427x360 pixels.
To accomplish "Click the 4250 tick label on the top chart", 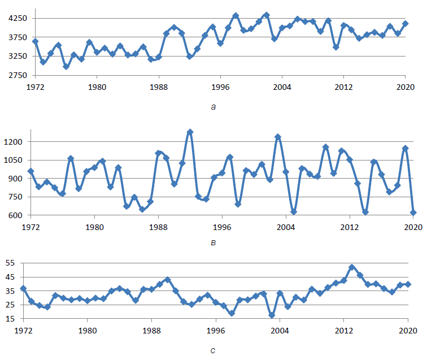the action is [18, 18].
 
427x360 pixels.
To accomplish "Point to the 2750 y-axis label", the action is [18, 75].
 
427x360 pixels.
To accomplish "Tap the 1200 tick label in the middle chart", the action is [13, 142].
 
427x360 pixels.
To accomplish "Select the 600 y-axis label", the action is [15, 215].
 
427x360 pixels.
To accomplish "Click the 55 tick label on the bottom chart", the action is [10, 263].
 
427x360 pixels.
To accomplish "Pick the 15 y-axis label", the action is [10, 319].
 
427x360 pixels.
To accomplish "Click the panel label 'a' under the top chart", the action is [213, 107].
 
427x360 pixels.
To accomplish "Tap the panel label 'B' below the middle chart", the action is [213, 242].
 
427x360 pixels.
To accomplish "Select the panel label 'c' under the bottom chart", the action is [213, 350].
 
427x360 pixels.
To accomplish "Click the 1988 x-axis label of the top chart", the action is [159, 87].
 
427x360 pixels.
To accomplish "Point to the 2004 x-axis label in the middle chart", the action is [286, 227].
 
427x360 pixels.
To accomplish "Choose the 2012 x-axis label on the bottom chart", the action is [343, 331].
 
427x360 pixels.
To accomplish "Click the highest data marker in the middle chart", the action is [190, 132].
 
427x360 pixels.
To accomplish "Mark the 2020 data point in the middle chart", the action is [413, 212].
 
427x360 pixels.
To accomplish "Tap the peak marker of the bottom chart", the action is [352, 267].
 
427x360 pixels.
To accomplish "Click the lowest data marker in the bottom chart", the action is [272, 315].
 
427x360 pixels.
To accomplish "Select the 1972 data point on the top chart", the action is [36, 41].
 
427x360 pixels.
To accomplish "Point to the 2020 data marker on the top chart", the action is [405, 24].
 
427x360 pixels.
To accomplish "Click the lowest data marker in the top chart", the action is [66, 67].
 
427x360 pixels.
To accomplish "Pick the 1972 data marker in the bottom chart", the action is [23, 288].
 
